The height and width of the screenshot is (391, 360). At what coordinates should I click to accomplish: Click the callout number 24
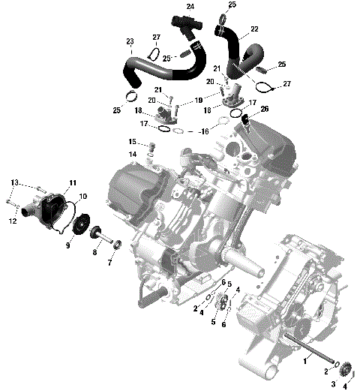click(190, 7)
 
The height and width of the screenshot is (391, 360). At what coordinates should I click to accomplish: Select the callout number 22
click(254, 29)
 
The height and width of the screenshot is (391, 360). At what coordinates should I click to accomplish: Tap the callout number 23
click(130, 41)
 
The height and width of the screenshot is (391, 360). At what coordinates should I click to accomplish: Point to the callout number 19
click(199, 99)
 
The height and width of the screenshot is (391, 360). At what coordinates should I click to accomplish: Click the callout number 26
click(264, 110)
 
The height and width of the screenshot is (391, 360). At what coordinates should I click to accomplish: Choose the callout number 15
click(132, 141)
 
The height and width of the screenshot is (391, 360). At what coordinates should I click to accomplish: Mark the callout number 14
click(132, 155)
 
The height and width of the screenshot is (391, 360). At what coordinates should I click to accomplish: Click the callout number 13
click(14, 182)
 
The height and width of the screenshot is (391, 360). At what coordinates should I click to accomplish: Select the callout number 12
click(13, 221)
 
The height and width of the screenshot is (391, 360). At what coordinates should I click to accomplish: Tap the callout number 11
click(73, 183)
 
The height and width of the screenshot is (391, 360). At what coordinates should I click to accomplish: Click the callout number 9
click(67, 245)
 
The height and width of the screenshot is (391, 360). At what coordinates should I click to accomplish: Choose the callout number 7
click(110, 263)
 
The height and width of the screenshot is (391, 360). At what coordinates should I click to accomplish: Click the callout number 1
click(304, 361)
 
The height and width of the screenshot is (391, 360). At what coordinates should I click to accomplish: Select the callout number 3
click(334, 383)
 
